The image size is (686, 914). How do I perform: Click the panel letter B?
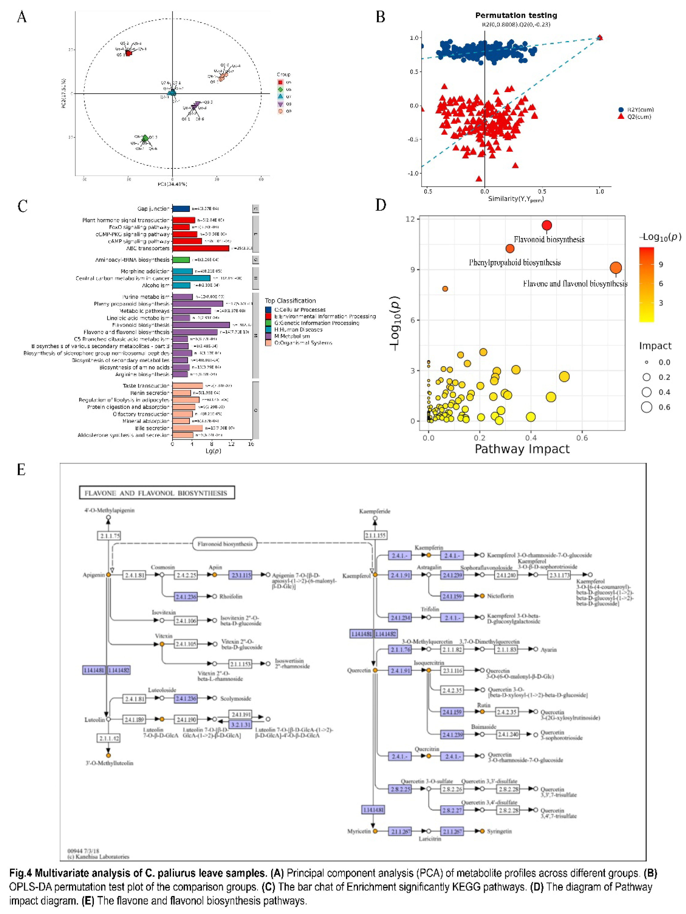point(380,17)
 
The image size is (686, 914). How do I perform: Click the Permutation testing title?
point(516,15)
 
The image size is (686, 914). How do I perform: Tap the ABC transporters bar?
point(200,248)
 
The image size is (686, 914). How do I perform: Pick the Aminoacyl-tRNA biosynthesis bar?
point(181,260)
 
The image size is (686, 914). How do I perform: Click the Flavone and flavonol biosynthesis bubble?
point(615,268)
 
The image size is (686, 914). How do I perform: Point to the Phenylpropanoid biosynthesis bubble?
point(510,248)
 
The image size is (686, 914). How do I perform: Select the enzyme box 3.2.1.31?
point(240,725)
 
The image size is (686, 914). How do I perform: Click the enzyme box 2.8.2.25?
point(399,789)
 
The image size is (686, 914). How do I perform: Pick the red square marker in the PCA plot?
point(128,53)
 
